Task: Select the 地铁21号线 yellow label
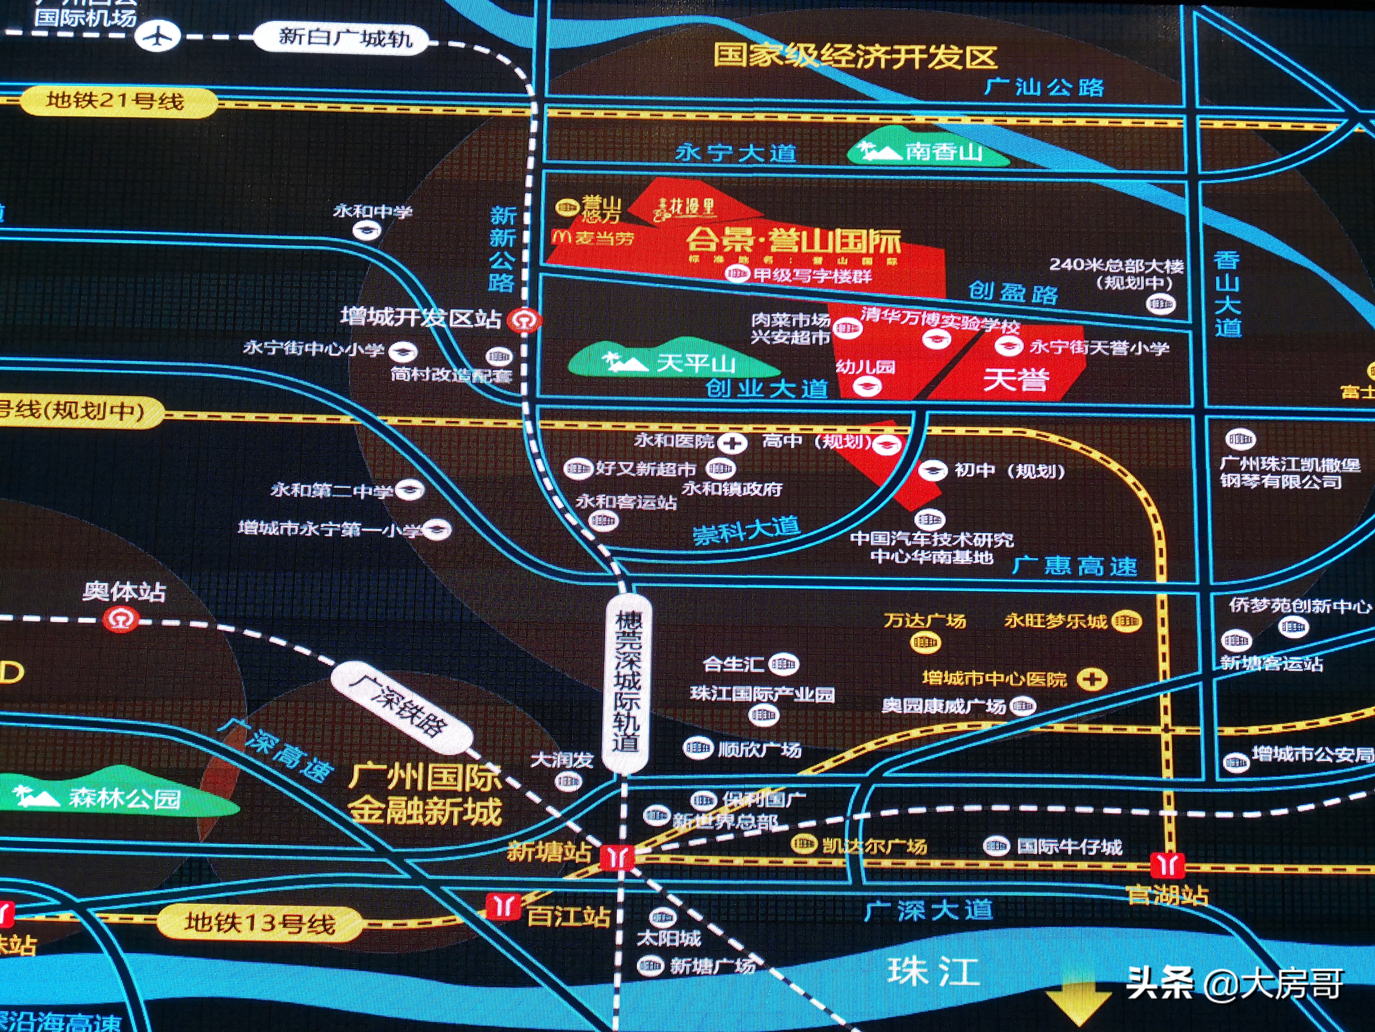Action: click(116, 101)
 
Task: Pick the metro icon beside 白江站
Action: click(502, 906)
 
